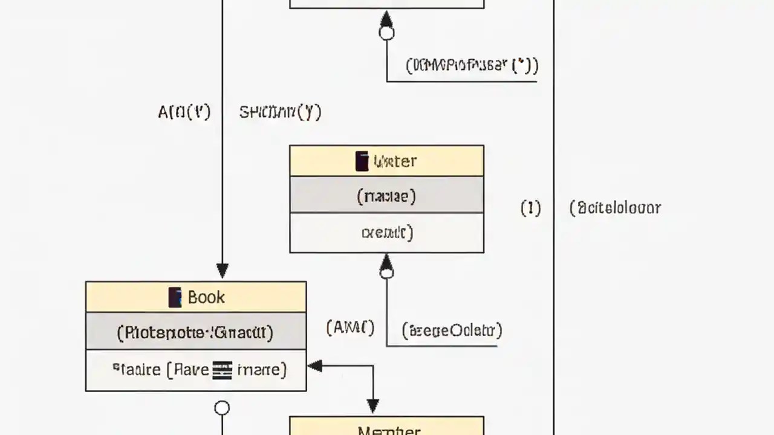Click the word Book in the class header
(x=206, y=297)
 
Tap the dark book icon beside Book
(x=175, y=297)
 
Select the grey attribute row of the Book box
(x=195, y=332)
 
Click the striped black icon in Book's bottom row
(x=222, y=369)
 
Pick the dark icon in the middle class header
(x=362, y=161)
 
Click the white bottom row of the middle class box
(x=386, y=233)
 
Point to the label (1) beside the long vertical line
(x=530, y=208)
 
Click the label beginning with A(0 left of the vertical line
(x=184, y=112)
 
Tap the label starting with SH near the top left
(x=280, y=112)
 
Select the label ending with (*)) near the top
(x=472, y=65)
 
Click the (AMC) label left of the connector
(x=350, y=328)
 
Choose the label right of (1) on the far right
(x=615, y=208)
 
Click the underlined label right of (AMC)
(x=452, y=330)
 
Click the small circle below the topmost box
(x=386, y=33)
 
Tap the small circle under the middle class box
(x=386, y=273)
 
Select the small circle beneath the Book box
(x=222, y=408)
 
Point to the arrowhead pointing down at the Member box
(x=372, y=406)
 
